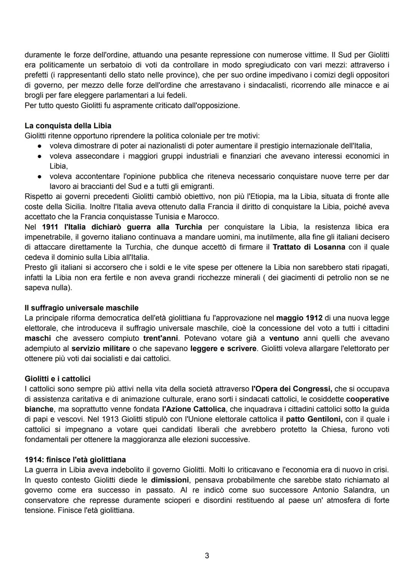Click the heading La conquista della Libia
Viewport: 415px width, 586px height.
click(x=68, y=126)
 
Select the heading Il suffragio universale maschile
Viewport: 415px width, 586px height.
click(x=81, y=308)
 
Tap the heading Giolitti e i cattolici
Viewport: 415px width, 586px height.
click(x=58, y=378)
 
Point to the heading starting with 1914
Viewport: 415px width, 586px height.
click(x=75, y=460)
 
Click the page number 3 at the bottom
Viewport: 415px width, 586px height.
click(x=207, y=556)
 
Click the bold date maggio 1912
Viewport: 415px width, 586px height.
click(x=299, y=318)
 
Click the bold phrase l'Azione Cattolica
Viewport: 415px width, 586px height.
click(x=194, y=409)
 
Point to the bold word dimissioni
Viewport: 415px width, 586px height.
click(x=170, y=480)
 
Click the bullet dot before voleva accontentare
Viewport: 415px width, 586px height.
click(x=40, y=177)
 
